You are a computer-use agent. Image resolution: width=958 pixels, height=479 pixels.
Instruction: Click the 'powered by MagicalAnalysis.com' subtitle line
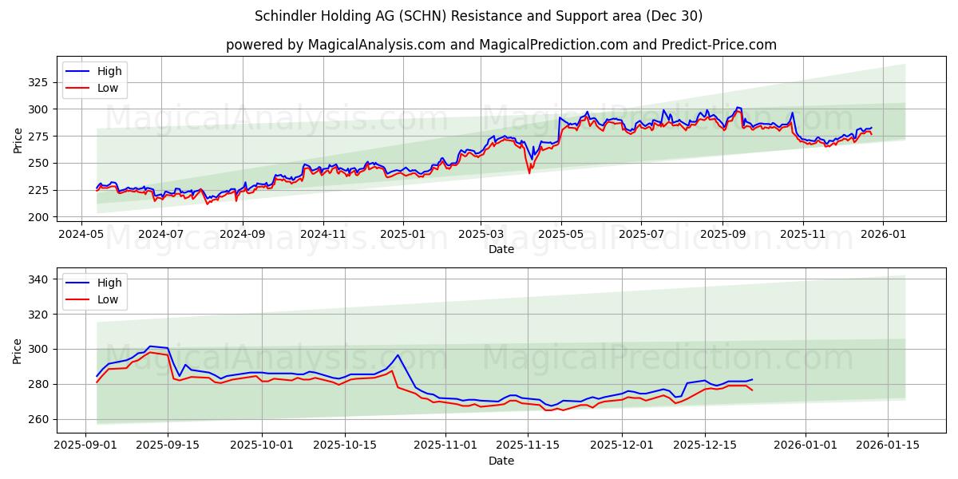pos(501,45)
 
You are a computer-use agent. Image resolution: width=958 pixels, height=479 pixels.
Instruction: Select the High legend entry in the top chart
pos(109,71)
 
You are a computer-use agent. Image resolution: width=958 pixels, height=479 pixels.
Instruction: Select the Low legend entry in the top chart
pos(107,88)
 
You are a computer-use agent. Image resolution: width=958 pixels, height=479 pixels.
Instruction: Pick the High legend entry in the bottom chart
pos(109,283)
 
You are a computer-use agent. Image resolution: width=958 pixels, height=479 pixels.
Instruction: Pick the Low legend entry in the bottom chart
pos(107,299)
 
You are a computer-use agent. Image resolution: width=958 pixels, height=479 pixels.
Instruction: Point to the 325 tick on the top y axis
pos(38,82)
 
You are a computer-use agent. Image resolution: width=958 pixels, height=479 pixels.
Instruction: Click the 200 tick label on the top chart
pos(38,217)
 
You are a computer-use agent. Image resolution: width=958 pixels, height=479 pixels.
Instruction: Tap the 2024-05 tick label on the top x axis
pos(81,236)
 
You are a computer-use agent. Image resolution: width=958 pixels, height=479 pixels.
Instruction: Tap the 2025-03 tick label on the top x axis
pos(481,236)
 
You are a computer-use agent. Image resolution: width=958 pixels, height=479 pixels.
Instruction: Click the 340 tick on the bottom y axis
pos(38,279)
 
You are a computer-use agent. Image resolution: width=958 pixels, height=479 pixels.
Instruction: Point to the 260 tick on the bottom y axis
pos(38,419)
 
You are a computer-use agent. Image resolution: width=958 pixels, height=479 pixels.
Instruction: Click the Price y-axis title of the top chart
pos(18,141)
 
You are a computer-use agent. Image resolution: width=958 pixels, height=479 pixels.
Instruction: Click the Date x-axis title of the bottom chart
pos(501,461)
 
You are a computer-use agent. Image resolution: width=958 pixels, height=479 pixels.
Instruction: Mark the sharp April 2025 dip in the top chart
pos(529,172)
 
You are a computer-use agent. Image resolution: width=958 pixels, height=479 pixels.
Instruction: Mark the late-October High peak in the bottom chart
pos(398,355)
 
